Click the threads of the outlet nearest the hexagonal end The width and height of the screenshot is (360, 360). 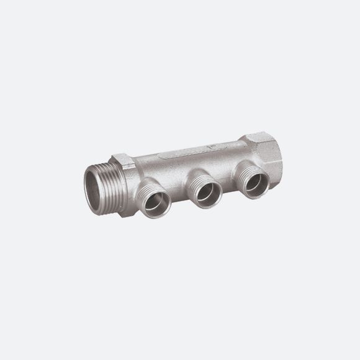243,176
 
